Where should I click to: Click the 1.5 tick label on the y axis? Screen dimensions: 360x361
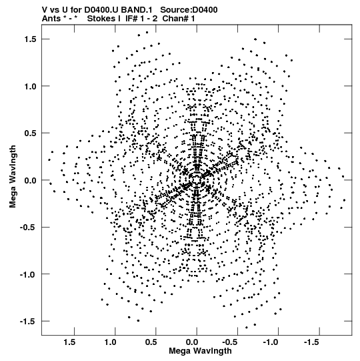click(x=31, y=39)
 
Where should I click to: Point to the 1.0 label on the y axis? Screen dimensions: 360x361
click(x=31, y=86)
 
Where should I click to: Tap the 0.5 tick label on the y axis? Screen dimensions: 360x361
click(x=31, y=133)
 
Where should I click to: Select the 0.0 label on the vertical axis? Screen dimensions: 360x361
click(x=31, y=180)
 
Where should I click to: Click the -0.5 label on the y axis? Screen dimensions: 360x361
click(x=28, y=228)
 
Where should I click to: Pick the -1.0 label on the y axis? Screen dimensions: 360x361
click(x=28, y=274)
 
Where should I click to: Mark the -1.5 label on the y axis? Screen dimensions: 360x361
click(x=28, y=322)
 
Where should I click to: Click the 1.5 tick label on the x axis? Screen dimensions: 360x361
click(x=69, y=342)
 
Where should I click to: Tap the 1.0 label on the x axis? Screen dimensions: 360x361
click(x=111, y=342)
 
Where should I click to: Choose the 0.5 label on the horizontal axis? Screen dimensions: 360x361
click(x=151, y=342)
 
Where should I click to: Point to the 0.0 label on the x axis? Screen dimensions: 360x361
click(x=192, y=342)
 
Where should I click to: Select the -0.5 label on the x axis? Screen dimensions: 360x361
click(x=231, y=342)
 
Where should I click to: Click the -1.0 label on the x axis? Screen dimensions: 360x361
click(x=272, y=342)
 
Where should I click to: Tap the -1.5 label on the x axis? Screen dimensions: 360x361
click(x=313, y=342)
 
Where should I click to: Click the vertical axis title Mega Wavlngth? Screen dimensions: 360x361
click(x=13, y=177)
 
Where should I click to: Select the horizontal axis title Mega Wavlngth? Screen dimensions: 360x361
click(x=200, y=351)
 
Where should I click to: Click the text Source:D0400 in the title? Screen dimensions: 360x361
click(x=189, y=10)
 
